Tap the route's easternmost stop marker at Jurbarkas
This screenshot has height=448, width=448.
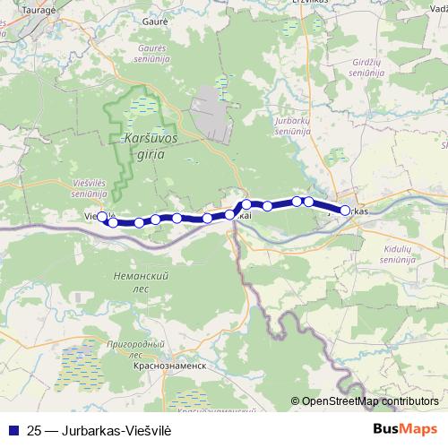pos(345,211)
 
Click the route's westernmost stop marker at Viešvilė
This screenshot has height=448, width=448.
pos(101,216)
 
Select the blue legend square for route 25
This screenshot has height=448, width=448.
pos(12,429)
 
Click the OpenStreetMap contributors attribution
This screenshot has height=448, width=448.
pos(370,401)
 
